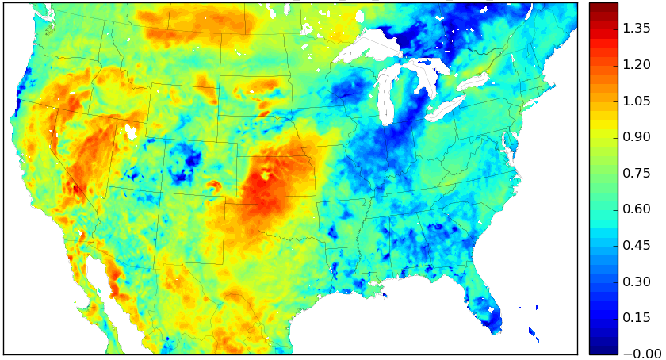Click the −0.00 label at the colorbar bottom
pos(634,354)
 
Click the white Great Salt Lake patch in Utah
pos(130,132)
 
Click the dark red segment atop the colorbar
pos(603,8)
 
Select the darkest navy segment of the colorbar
pos(603,349)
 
